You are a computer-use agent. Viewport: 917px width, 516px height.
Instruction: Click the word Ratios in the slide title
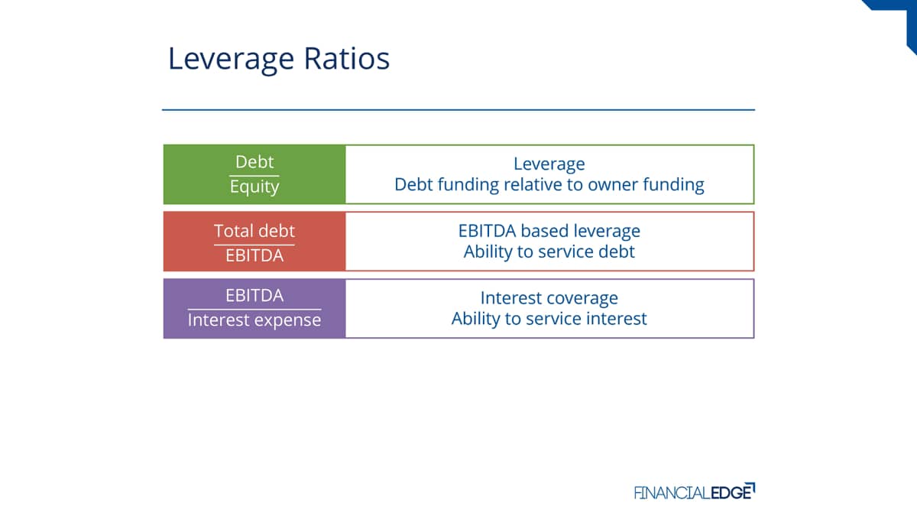tap(346, 59)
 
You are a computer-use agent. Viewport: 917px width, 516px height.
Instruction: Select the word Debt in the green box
tap(254, 162)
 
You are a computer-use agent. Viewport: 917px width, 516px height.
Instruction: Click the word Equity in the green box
tap(254, 187)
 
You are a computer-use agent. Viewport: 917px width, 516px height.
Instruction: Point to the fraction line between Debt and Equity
tap(254, 176)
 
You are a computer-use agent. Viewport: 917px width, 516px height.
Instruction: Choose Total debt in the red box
tap(254, 231)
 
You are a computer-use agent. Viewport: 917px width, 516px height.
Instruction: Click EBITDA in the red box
tap(254, 255)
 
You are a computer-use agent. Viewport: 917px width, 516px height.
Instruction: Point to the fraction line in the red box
tap(254, 245)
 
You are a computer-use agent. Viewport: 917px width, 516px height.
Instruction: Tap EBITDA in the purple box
tap(254, 295)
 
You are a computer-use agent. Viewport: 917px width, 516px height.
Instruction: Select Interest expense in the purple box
tap(254, 320)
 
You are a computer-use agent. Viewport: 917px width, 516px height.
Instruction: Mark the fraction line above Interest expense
tap(254, 309)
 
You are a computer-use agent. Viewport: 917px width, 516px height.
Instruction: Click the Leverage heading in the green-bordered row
tap(549, 164)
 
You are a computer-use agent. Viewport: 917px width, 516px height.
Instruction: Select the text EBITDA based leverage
tap(549, 232)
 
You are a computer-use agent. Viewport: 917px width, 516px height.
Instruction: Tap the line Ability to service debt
tap(549, 252)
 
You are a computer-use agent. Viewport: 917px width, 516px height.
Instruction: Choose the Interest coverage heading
tap(549, 299)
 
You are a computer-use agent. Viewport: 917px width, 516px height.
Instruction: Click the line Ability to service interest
tap(549, 319)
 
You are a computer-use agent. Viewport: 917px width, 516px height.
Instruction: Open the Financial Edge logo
tap(695, 492)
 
